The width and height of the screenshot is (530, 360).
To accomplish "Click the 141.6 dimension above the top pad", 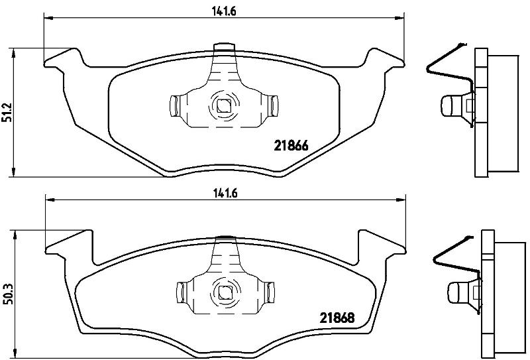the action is point(224,11).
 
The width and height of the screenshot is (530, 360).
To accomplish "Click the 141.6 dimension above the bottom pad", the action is point(225,193).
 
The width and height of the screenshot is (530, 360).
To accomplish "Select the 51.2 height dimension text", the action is point(7,112).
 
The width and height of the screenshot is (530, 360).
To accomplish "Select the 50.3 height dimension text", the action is point(8,294).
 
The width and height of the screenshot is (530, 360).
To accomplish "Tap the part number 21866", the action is point(291,146).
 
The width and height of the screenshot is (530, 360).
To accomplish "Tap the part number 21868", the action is point(337,318).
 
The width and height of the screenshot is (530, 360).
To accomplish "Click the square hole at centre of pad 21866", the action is point(223,107).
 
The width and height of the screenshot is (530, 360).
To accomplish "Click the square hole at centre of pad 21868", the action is point(223,292).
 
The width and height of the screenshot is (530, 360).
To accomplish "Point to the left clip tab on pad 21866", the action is point(174,106).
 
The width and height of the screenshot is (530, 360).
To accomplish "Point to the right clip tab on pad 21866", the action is point(273,106).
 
